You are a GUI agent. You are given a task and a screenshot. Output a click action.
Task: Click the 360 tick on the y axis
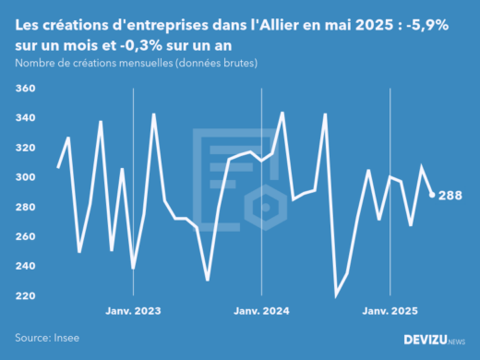pos(25,89)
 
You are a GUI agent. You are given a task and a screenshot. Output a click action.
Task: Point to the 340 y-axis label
pos(25,118)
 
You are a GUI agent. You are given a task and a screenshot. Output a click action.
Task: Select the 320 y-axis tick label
pos(25,148)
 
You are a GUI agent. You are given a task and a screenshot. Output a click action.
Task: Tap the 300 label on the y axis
pos(25,177)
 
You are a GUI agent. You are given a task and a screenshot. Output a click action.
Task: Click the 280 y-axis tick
pos(25,207)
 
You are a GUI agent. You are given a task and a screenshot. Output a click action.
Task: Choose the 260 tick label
pos(25,236)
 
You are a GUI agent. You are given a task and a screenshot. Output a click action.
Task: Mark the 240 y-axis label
pos(25,266)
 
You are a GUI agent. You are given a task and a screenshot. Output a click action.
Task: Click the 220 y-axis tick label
pos(25,295)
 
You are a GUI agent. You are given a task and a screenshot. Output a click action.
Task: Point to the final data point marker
pos(433,195)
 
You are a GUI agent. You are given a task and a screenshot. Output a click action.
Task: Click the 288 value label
pos(450,195)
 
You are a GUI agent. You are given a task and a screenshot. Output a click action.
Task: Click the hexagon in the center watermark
pos(266,206)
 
